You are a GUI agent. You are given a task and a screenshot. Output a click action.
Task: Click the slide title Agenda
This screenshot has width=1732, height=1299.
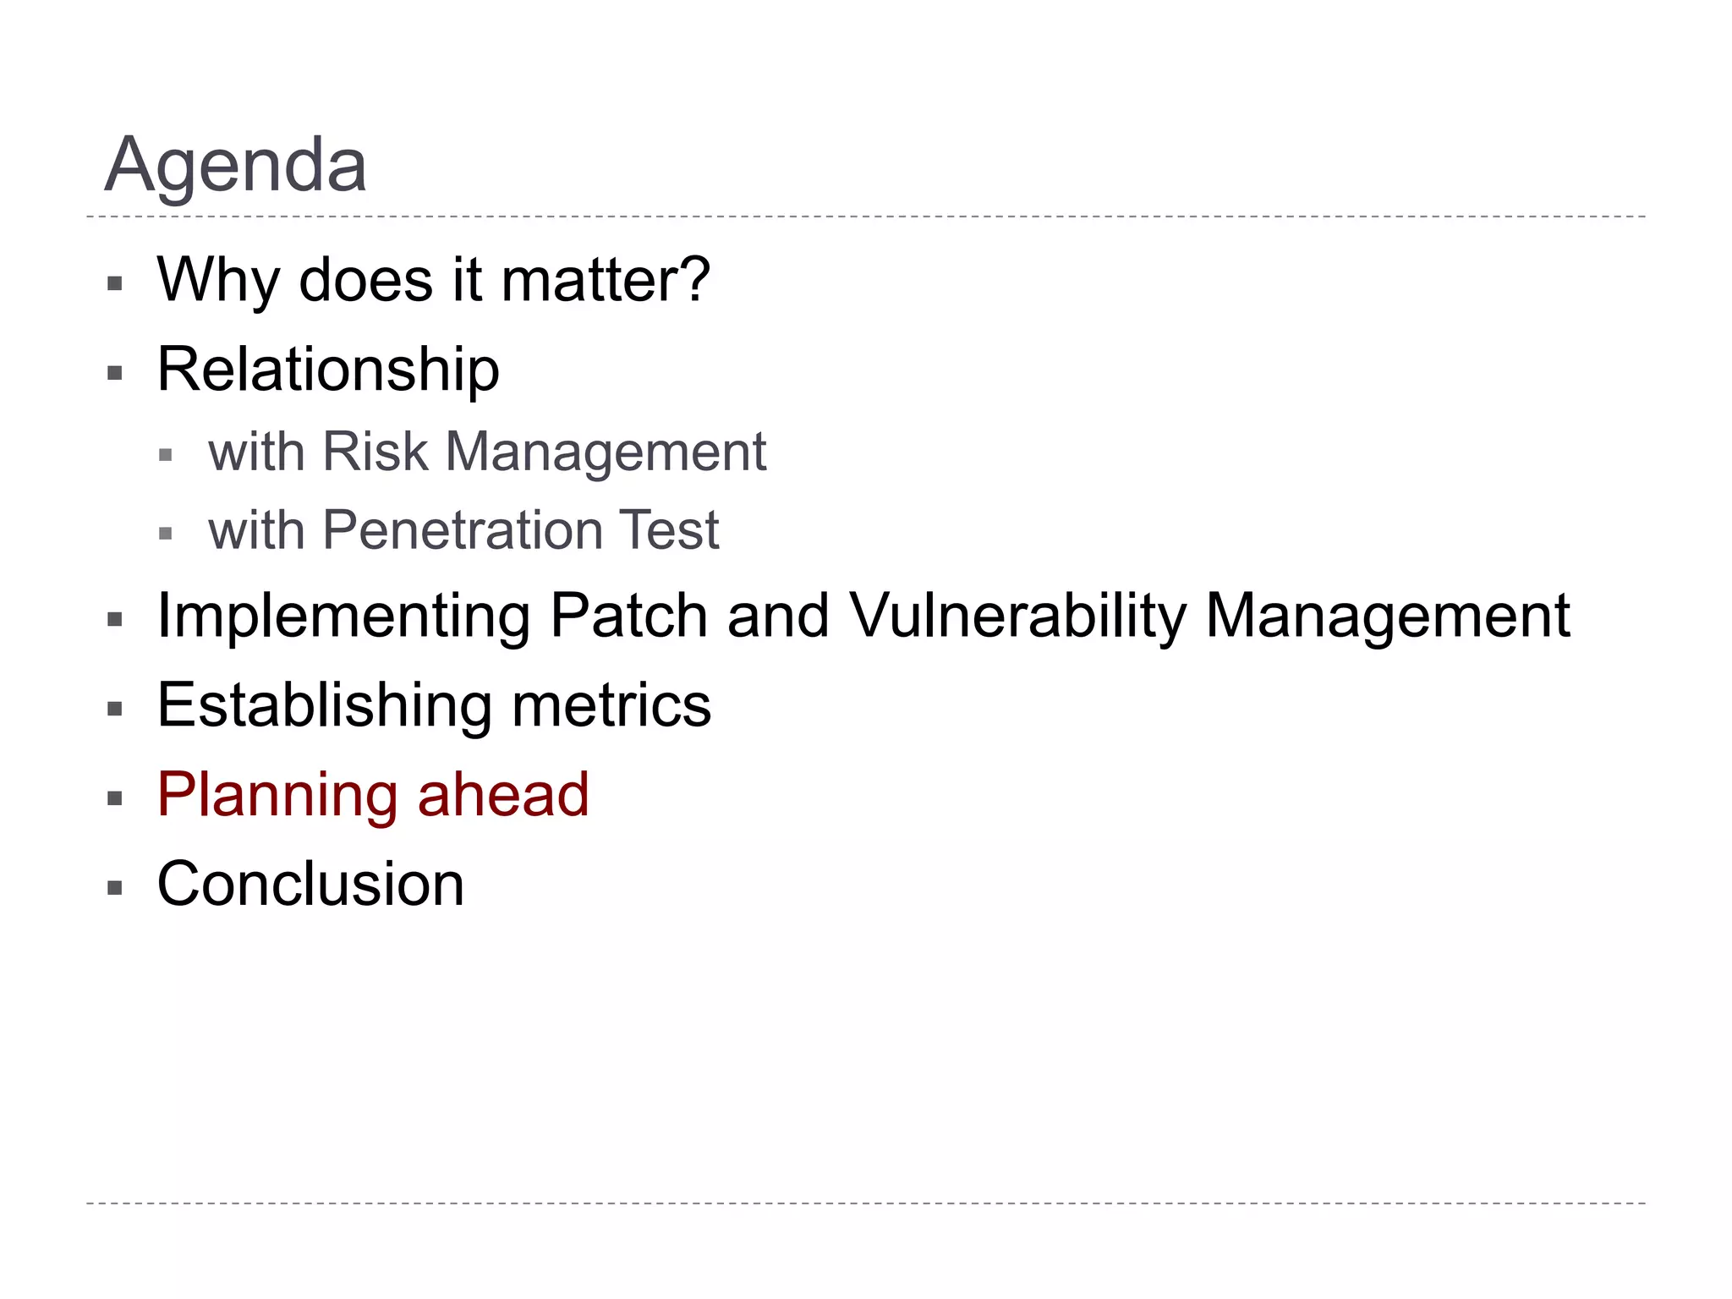235,165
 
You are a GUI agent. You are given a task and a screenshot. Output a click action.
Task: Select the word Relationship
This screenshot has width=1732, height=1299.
328,370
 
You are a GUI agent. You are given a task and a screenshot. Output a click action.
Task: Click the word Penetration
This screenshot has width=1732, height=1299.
461,530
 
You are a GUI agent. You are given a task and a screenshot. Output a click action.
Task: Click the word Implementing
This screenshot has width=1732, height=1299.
343,617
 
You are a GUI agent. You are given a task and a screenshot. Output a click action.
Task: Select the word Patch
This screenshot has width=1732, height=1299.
628,617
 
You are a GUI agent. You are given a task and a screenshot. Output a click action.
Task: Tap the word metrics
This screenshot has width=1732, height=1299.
611,705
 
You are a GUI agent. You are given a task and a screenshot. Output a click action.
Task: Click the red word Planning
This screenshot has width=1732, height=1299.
277,796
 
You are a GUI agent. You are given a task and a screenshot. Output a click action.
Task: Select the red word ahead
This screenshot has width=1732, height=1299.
503,795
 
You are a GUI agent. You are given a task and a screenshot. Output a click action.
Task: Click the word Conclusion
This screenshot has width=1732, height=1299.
310,885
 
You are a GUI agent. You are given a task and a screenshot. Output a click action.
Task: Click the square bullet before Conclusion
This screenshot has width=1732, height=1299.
115,888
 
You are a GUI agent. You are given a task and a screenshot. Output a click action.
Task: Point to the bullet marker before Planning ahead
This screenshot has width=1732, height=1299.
115,798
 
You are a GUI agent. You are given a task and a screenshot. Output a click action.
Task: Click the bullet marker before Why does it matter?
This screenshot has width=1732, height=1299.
115,283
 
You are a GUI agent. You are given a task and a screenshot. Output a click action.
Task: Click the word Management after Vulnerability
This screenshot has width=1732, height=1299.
1387,617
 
